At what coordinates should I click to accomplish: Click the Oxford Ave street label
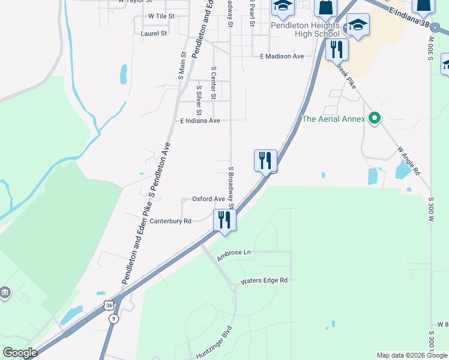tap(208, 199)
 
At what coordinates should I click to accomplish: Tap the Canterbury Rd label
tap(170, 221)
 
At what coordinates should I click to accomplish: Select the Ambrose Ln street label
tap(234, 253)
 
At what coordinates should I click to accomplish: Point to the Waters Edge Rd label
tap(264, 280)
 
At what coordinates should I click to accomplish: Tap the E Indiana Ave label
tap(200, 121)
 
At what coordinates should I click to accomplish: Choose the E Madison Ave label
tap(282, 56)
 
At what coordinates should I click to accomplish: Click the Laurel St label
tap(154, 34)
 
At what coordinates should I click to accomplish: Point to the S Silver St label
tap(199, 99)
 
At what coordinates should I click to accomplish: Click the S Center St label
tap(213, 83)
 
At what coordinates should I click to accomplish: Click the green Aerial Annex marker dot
tap(375, 118)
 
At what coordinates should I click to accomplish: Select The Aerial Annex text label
tap(333, 119)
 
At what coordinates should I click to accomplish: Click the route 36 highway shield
tap(108, 305)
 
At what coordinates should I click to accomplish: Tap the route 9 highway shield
tap(113, 319)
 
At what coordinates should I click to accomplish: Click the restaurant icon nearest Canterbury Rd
tap(224, 219)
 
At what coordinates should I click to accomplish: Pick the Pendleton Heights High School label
tap(305, 29)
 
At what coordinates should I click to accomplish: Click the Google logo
tap(20, 353)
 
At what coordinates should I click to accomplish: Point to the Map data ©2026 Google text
tap(412, 355)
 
